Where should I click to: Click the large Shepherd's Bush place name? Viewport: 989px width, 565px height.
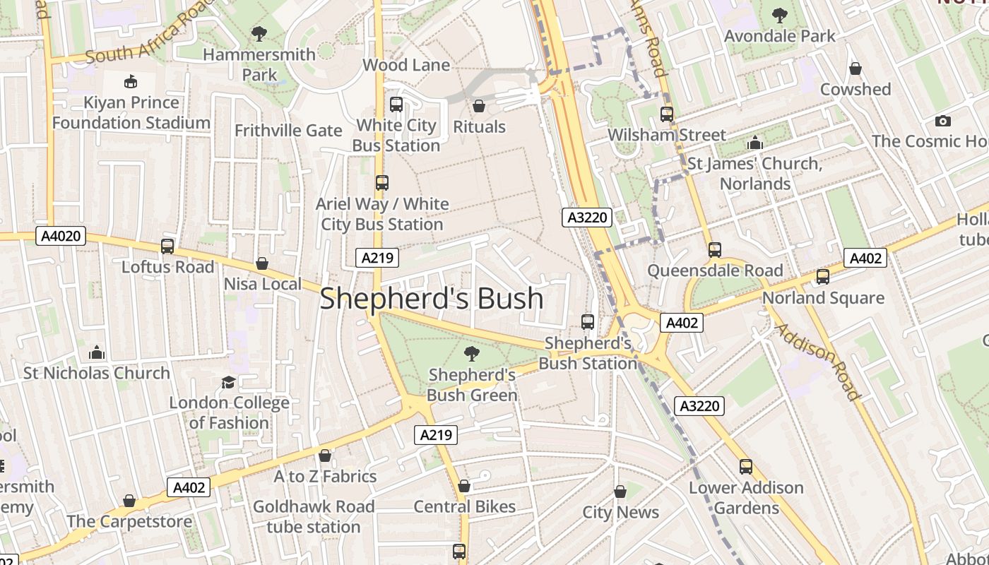[432, 299]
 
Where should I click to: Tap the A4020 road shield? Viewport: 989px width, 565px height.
[61, 237]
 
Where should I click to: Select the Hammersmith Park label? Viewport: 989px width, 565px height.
[259, 64]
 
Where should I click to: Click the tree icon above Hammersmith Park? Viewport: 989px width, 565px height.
[259, 33]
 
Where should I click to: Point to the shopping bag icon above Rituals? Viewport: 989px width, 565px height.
[479, 106]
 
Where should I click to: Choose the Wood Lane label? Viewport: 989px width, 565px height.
[406, 65]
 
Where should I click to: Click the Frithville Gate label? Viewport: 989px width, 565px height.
[288, 131]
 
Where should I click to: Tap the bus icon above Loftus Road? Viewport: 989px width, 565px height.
[167, 246]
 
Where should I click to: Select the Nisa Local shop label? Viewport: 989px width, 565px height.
[262, 284]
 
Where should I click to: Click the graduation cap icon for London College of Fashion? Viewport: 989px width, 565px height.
[228, 382]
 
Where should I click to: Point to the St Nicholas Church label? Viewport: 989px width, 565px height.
[97, 373]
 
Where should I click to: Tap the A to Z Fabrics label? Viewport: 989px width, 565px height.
[325, 477]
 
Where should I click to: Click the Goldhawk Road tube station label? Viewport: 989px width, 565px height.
[314, 517]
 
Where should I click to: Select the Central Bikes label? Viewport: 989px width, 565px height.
[464, 506]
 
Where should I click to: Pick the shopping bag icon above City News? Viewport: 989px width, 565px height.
[620, 492]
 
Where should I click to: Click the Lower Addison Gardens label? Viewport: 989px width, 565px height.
[746, 498]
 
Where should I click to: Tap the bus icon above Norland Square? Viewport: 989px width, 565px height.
[823, 277]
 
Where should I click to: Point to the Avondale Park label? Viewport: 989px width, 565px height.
[780, 36]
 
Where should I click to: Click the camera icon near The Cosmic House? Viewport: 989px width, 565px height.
[942, 121]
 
